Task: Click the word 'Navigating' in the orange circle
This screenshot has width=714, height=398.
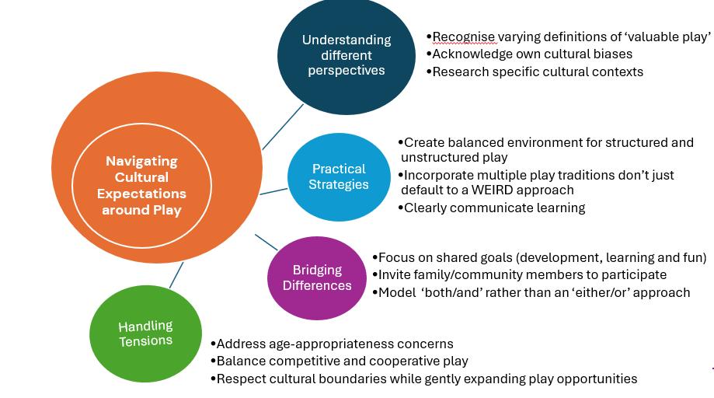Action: point(141,161)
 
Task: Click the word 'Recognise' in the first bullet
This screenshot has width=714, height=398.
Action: point(463,37)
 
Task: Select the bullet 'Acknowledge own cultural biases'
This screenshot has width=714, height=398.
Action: point(532,54)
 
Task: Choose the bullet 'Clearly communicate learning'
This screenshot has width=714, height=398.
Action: point(494,208)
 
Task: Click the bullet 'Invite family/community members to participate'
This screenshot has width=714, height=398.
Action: point(522,274)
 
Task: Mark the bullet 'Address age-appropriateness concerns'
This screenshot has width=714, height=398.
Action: point(335,344)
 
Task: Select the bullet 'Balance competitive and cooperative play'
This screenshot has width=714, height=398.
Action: point(342,361)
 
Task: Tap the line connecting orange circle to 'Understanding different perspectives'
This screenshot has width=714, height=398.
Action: point(283,126)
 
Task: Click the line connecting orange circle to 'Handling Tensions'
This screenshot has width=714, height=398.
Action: point(176,274)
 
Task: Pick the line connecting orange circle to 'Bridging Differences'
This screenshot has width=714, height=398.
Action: point(266,242)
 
